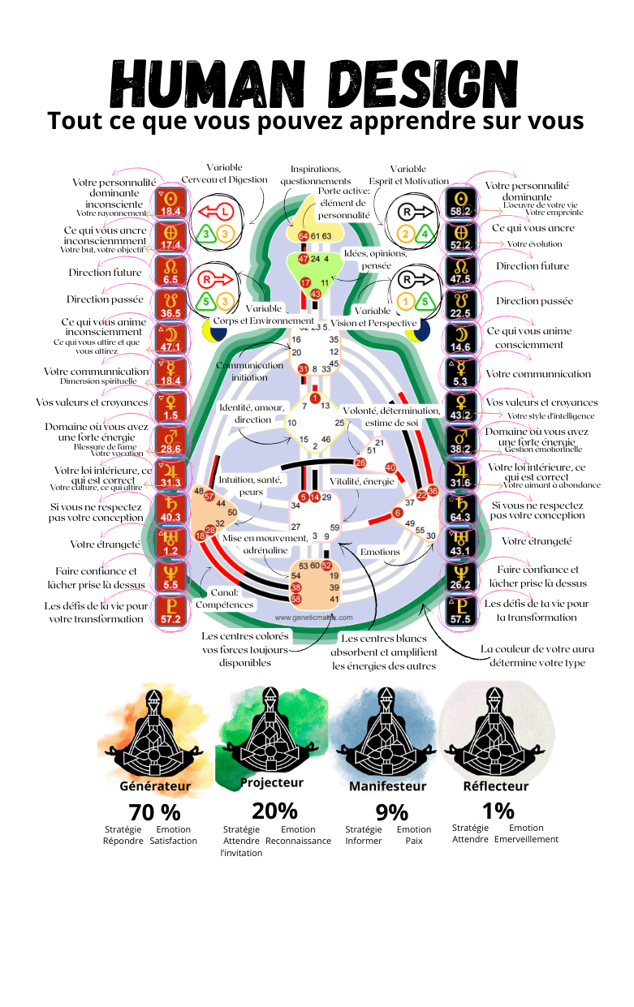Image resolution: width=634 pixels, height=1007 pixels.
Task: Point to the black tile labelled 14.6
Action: pos(459,340)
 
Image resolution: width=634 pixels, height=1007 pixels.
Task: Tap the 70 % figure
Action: pos(154,811)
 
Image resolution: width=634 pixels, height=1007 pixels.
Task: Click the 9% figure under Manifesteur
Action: pos(391,812)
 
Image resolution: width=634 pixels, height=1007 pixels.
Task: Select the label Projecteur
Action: pos(272,783)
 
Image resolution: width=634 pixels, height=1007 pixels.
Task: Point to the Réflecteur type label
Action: pos(495,785)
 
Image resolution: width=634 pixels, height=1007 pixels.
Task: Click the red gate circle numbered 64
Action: pos(303,235)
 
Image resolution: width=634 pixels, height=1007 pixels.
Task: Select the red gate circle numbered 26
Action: pos(360,463)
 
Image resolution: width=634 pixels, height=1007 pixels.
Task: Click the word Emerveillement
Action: pos(526,839)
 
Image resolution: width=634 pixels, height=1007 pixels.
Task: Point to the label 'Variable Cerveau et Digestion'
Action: pos(224,173)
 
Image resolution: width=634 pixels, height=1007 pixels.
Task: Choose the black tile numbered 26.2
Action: pos(459,579)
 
